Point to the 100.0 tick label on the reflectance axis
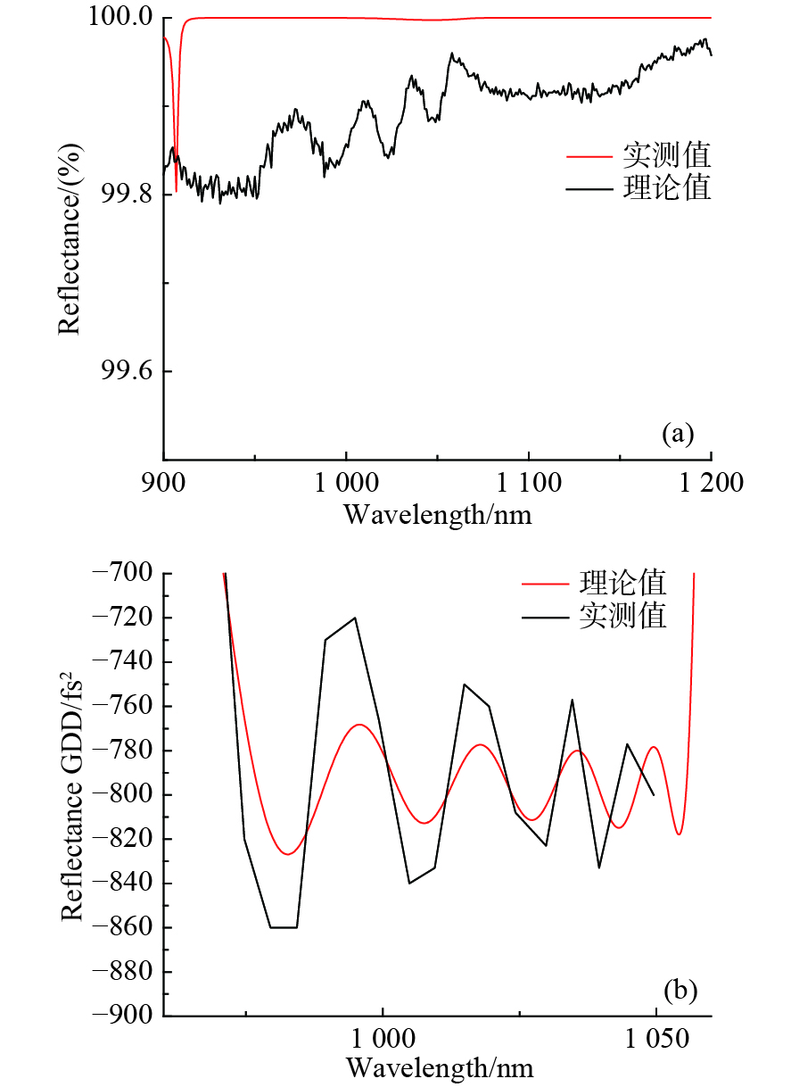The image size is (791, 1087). coord(123,19)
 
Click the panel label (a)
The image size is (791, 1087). coord(677,434)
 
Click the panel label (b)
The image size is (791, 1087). coord(680,990)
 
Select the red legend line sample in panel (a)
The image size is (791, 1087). coord(589,157)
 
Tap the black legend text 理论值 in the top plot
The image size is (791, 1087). coord(666,189)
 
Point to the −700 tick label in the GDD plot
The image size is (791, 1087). coord(130,573)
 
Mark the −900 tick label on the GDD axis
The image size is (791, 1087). coord(130,1016)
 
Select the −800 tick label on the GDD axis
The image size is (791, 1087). coord(130,794)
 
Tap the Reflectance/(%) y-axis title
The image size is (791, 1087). coord(70,239)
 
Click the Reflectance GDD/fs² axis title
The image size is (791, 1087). coord(75,794)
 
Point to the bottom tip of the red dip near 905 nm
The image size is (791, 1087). coord(176,190)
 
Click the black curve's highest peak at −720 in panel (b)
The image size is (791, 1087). coord(355,618)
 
